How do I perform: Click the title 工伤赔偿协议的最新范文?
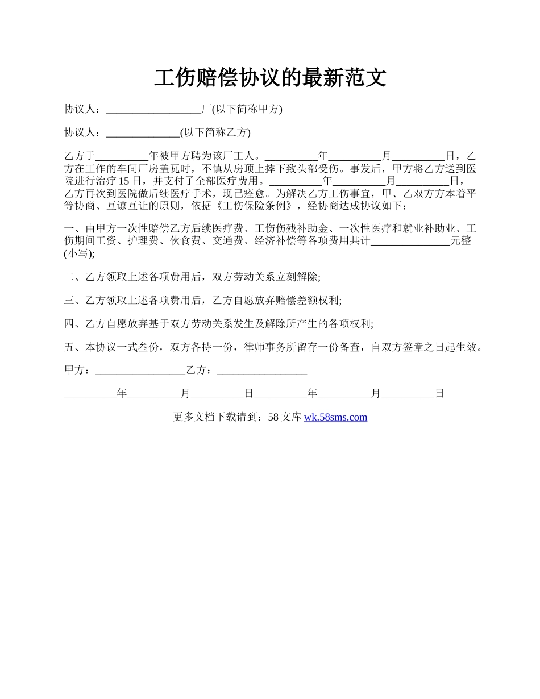(x=270, y=78)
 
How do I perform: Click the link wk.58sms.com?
(x=335, y=417)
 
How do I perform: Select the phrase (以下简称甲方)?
(x=247, y=109)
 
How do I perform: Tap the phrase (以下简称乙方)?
(x=215, y=133)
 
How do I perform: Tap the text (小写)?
(x=80, y=253)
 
